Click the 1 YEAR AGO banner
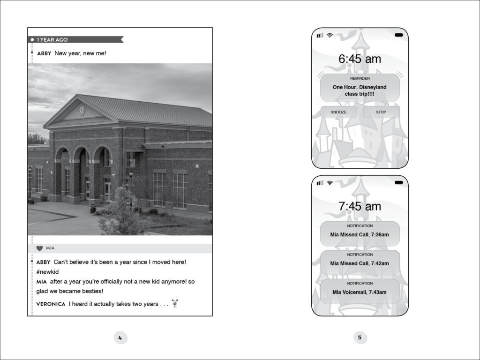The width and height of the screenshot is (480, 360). tap(75, 39)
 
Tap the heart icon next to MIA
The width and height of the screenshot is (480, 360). tap(39, 248)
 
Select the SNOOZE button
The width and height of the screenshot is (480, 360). tap(338, 112)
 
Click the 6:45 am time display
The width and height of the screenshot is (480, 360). tap(360, 59)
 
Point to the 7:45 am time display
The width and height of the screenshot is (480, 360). tap(360, 206)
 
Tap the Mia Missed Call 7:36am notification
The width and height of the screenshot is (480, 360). tap(360, 233)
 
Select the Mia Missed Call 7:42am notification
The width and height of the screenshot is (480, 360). tap(360, 262)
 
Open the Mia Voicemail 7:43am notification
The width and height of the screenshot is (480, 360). tap(360, 291)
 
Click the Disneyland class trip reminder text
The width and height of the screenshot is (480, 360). tap(360, 90)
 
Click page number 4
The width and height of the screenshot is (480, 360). tap(120, 337)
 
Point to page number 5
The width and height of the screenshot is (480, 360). tap(360, 337)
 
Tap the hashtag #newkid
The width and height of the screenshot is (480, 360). tap(47, 272)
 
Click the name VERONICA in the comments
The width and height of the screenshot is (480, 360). tap(51, 304)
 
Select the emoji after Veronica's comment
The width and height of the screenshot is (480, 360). tap(175, 303)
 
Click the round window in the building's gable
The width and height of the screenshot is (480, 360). tap(82, 110)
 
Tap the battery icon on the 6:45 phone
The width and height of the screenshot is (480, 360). tap(399, 35)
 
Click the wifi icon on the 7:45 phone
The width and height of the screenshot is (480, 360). tap(330, 183)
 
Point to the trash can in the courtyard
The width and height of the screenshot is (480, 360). tap(93, 209)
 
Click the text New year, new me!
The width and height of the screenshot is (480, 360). tap(81, 53)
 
